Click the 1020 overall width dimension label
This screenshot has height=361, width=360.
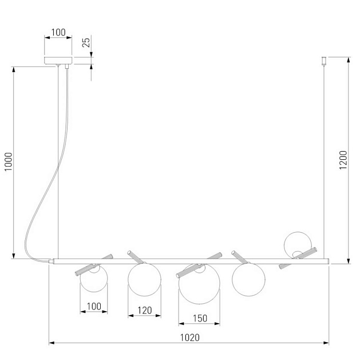189,338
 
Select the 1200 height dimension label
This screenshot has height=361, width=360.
343,160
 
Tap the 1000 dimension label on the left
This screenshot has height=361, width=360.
9,162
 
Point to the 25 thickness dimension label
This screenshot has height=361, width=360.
86,42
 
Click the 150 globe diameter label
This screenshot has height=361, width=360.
200,319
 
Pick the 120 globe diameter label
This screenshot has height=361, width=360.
145,311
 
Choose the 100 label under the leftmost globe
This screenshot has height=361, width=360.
94,307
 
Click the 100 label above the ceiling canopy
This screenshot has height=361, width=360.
58,32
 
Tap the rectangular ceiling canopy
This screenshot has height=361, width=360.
58,60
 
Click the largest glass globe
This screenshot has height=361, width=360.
199,284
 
